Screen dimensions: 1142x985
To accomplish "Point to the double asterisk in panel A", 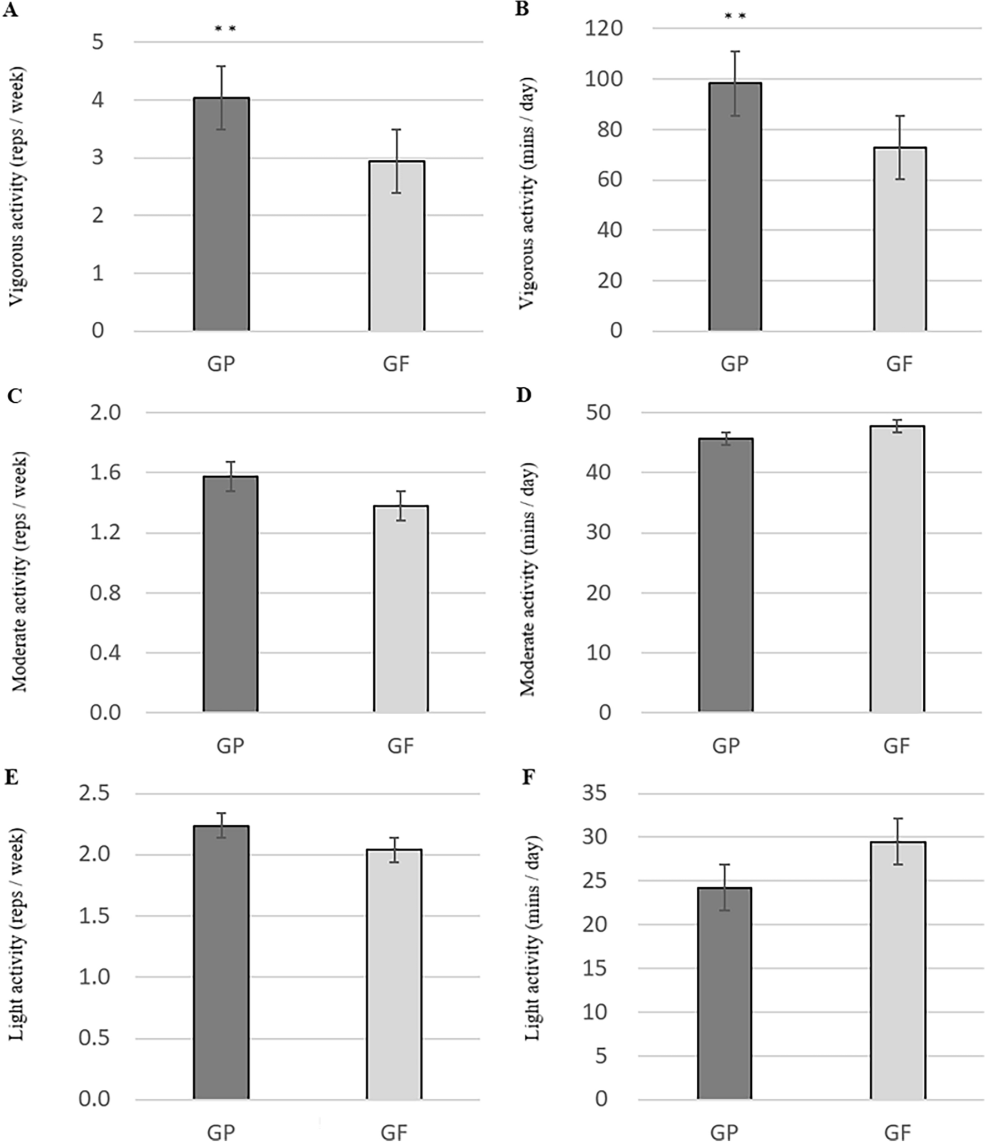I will [225, 29].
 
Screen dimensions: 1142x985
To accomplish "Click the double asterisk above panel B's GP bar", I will [735, 16].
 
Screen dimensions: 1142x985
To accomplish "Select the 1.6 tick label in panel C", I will [105, 473].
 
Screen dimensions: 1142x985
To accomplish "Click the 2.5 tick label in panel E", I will [94, 794].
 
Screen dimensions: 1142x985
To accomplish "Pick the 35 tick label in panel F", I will [594, 794].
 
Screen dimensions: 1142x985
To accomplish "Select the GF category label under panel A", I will [396, 363].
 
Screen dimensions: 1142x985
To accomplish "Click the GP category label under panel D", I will [726, 745].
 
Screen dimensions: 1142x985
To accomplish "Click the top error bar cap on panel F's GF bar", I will [898, 818].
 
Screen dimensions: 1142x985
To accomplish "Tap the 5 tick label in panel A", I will [98, 42].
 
